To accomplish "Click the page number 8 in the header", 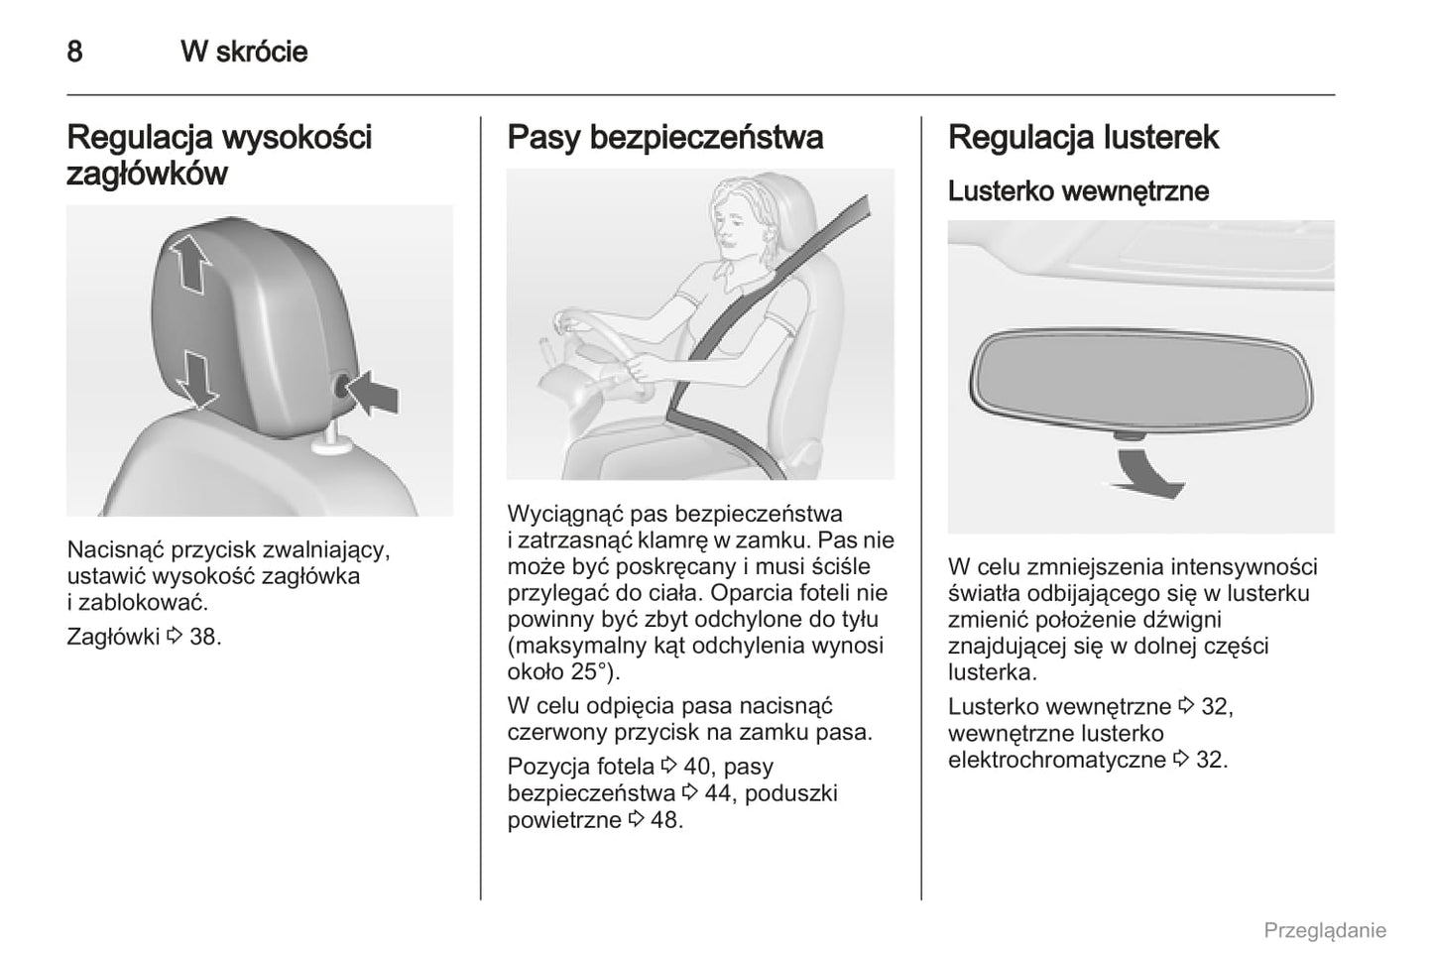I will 74,52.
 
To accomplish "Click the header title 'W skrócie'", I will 244,52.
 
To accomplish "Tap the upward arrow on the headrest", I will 189,261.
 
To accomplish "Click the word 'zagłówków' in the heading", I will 147,175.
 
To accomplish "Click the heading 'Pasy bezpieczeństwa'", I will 664,137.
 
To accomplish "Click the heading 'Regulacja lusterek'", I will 1083,137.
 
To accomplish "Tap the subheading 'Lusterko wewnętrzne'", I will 1078,190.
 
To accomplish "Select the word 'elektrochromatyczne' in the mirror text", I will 1056,760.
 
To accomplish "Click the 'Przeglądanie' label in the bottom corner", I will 1324,930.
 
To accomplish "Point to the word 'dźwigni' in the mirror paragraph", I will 1180,620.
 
